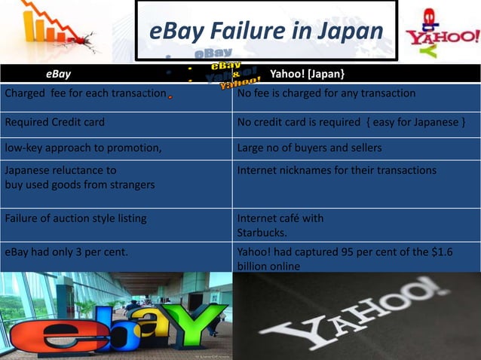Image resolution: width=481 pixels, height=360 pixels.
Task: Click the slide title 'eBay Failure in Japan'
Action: (266, 32)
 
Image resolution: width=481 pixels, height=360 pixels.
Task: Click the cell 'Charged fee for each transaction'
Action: (85, 93)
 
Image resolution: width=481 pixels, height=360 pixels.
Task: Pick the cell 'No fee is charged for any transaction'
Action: (326, 93)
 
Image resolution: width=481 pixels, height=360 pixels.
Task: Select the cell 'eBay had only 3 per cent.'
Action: (65, 252)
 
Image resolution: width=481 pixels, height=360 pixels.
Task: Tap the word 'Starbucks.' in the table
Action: (260, 232)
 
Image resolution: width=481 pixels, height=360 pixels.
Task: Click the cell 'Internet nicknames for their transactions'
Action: (336, 171)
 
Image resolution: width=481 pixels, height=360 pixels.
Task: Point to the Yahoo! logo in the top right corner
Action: (442, 35)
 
